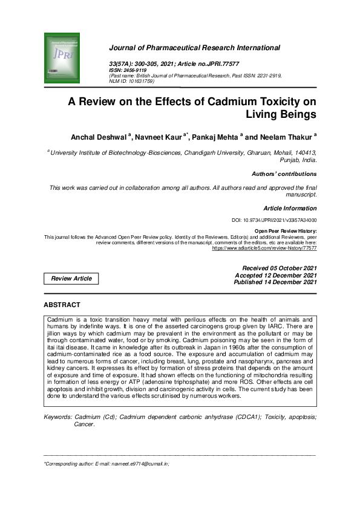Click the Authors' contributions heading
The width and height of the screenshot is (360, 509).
[284, 174]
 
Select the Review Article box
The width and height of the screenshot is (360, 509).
[71, 279]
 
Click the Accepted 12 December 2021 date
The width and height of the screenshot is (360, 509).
[275, 275]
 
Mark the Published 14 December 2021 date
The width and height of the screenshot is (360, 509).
[275, 282]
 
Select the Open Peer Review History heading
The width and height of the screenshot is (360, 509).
[286, 231]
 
